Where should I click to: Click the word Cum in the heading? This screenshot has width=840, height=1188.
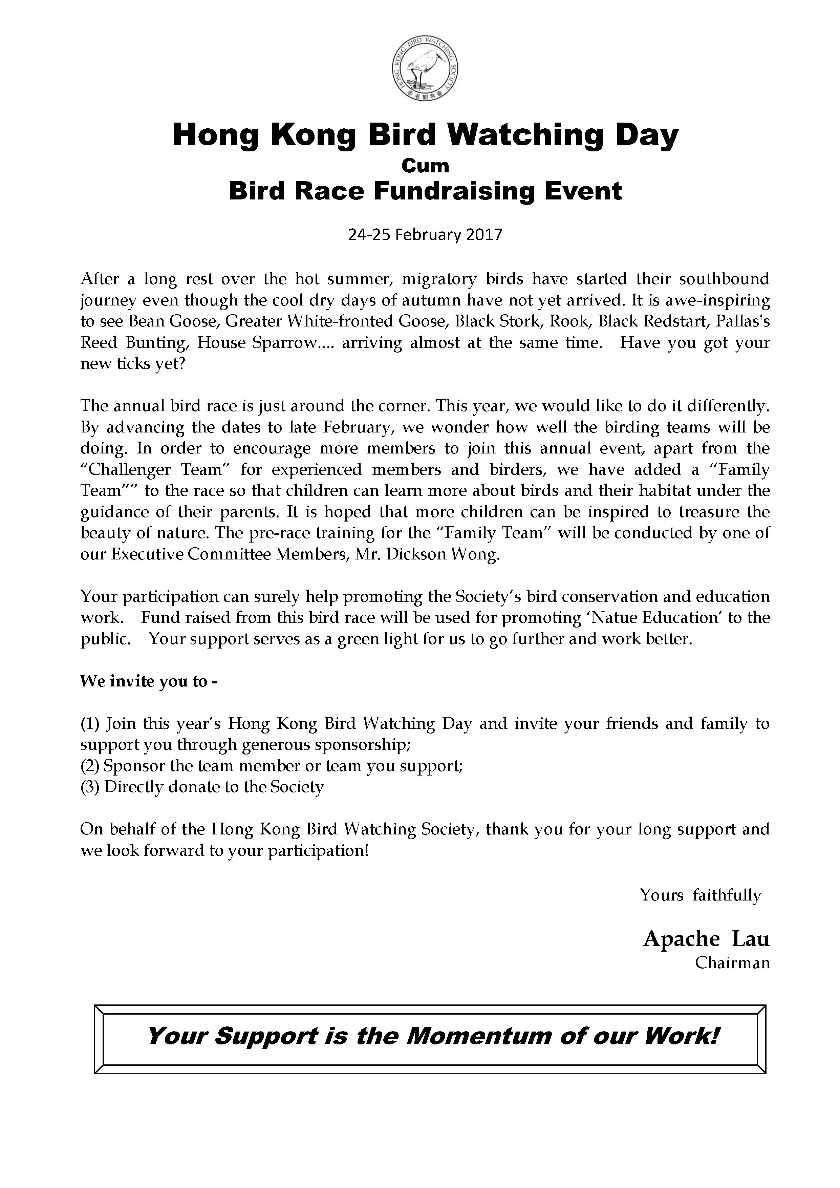(425, 166)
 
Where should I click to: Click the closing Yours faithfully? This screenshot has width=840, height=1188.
(701, 895)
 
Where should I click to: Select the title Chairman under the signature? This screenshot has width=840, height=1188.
(732, 963)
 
